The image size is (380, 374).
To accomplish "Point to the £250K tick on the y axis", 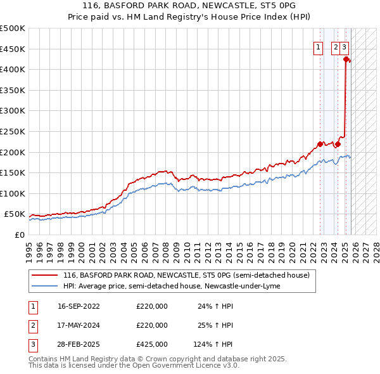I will (13, 131).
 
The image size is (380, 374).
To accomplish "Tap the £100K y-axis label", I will (13, 193).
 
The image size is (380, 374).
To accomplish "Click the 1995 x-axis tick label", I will (29, 247).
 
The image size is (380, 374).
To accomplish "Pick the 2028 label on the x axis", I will (376, 247).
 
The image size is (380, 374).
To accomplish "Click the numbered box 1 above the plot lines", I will (317, 46).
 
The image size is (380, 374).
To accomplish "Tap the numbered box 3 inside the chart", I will (344, 46).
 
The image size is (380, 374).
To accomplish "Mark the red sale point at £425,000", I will (346, 60).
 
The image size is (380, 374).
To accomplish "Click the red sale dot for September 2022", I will (320, 144).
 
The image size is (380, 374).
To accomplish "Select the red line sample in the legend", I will (44, 276).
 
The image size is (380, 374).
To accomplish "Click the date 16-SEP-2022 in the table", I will (79, 306).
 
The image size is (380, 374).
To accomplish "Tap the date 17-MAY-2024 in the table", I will (79, 325).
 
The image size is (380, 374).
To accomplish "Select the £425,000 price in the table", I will (152, 344).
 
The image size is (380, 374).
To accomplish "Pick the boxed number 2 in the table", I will (32, 325).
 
